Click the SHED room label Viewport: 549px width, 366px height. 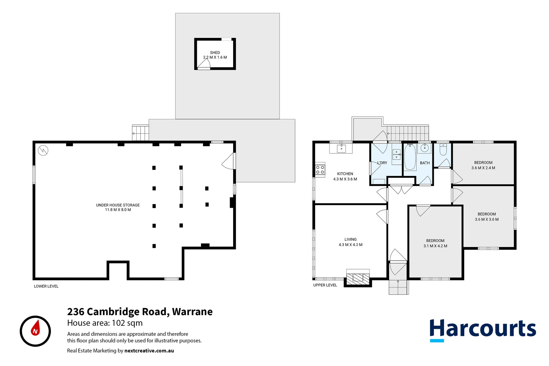coord(215,53)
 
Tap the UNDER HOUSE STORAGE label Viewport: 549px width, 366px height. coord(118,205)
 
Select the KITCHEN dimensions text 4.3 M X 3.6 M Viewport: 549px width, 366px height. coord(345,179)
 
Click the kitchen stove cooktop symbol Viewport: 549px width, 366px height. coord(320,170)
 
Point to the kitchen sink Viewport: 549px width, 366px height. coord(341,148)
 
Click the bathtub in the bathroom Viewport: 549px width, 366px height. coord(410,158)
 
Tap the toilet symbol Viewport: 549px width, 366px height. coord(443,149)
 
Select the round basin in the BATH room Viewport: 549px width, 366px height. coord(425,148)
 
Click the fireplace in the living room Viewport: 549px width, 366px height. coord(358,278)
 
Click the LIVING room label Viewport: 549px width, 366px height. coord(350,239)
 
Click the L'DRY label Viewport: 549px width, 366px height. coord(382,163)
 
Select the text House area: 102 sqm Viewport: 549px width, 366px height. coord(105,323)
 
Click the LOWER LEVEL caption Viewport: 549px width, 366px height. coord(46,286)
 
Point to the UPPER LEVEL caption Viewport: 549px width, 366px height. coord(325,285)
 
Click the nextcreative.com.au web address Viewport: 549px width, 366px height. coord(149,351)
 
